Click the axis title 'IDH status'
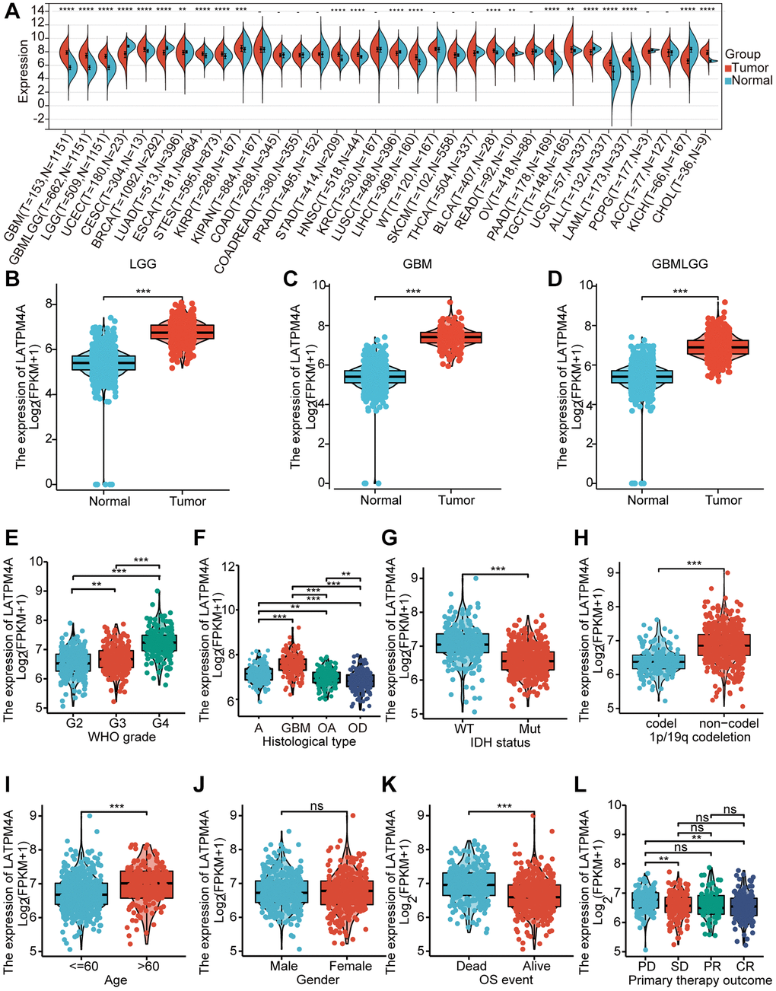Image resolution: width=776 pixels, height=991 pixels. pos(495,742)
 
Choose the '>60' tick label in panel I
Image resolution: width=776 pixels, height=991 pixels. pos(152,966)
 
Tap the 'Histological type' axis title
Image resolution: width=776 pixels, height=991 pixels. pos(306,741)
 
